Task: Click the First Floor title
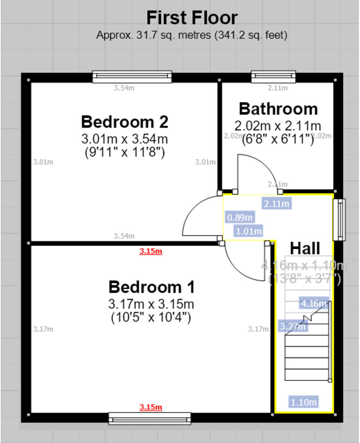192,18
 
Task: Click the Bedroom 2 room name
125,122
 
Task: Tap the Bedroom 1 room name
151,287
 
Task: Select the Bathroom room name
278,109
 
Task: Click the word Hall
305,248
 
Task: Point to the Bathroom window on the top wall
273,77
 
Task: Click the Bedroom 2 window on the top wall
132,77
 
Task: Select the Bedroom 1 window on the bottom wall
150,419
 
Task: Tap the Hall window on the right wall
339,220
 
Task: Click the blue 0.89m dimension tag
240,217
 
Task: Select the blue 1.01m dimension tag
249,231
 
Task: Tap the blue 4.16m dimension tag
314,303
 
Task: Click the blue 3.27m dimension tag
293,326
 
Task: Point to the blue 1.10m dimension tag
304,402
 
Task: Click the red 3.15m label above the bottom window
150,407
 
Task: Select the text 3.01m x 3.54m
125,139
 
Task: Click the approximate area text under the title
192,35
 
